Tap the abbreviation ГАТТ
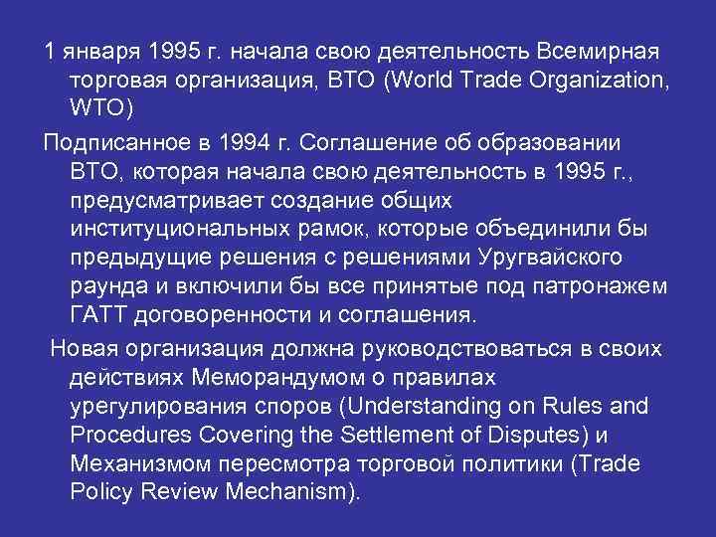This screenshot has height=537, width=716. click(x=104, y=317)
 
